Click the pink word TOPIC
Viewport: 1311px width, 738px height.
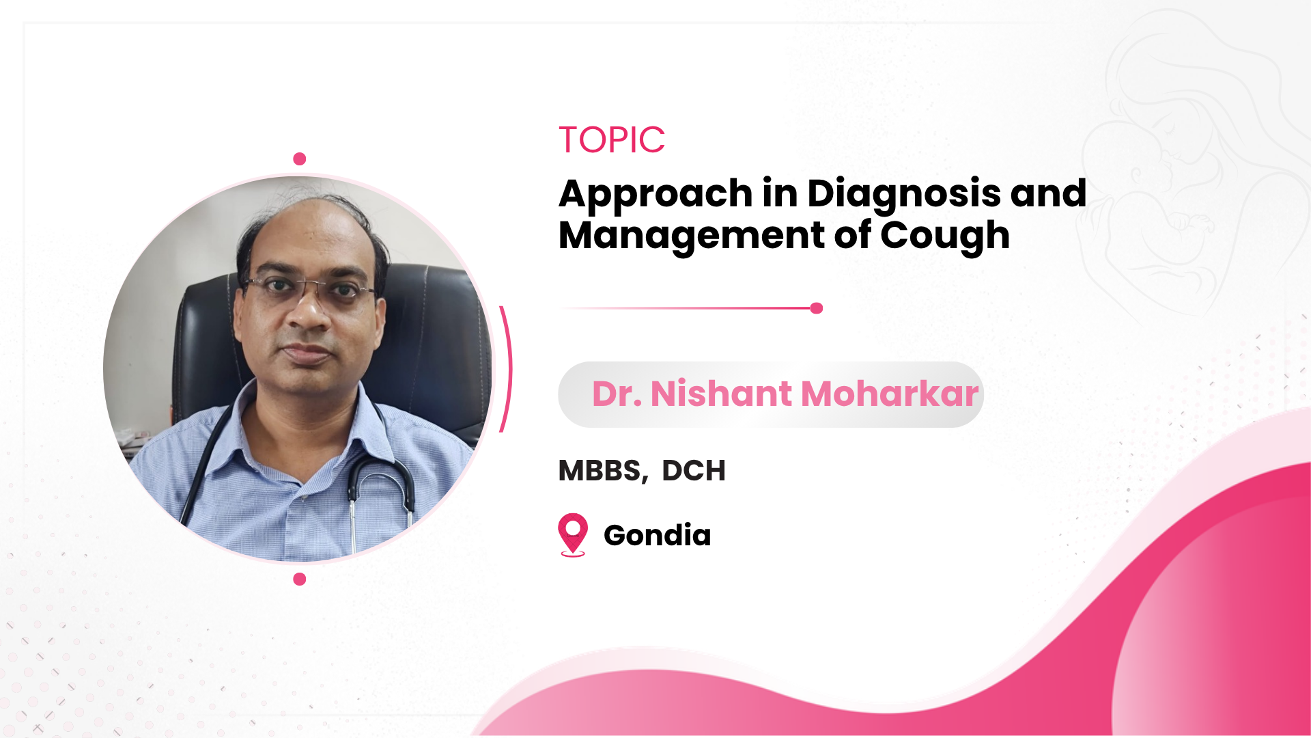tap(612, 140)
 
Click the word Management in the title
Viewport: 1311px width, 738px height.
tap(692, 236)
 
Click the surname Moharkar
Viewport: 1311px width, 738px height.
tap(890, 394)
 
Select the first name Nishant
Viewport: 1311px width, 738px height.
tap(722, 394)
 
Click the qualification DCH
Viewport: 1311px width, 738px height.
tap(694, 471)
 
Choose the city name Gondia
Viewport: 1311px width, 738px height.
tap(657, 535)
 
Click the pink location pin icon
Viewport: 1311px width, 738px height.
tap(573, 534)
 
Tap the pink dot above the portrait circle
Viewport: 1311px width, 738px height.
tap(299, 159)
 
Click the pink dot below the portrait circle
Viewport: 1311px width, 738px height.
tap(299, 579)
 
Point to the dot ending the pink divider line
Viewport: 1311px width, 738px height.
tap(817, 308)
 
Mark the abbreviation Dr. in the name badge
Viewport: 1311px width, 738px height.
tap(617, 394)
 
